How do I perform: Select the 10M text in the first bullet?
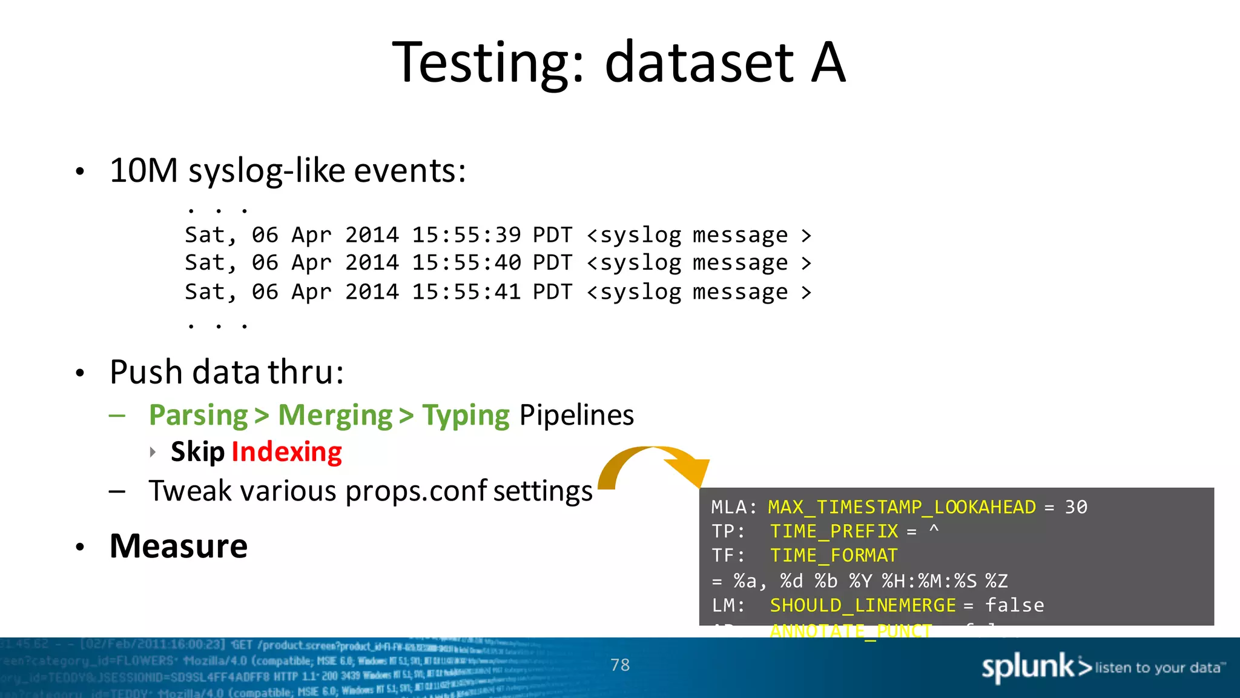(x=143, y=170)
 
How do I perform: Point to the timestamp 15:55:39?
(x=466, y=235)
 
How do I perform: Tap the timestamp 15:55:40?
(x=466, y=263)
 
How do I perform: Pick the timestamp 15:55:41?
(x=466, y=292)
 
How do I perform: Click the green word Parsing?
(x=199, y=416)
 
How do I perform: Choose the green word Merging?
(x=335, y=416)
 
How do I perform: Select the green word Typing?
(x=466, y=416)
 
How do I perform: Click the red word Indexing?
(x=286, y=452)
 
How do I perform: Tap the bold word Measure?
(x=179, y=546)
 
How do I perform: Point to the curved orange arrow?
(x=654, y=464)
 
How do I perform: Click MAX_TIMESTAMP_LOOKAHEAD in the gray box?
(x=902, y=507)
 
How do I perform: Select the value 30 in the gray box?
(x=1076, y=507)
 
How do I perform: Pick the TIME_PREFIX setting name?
(x=834, y=531)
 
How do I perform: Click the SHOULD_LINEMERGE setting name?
(x=862, y=605)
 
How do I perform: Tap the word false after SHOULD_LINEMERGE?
(x=1014, y=605)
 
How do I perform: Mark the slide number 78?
(x=620, y=665)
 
